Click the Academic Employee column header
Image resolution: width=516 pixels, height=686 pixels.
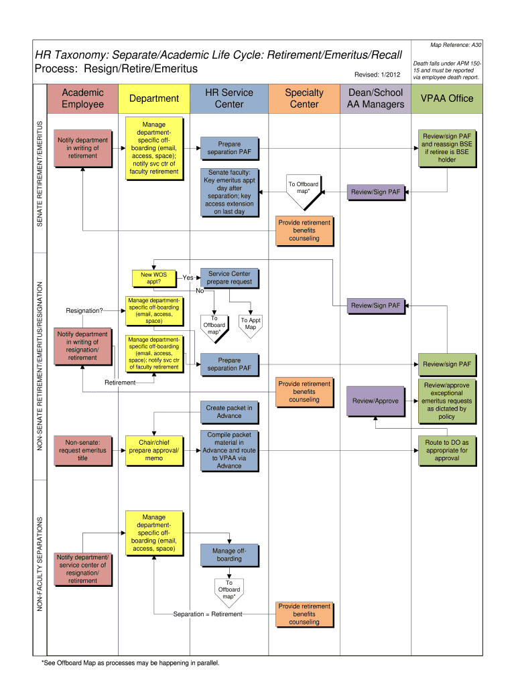(x=82, y=98)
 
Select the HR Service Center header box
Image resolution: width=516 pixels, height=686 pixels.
(x=229, y=98)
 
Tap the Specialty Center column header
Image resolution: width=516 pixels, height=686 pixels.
(x=304, y=98)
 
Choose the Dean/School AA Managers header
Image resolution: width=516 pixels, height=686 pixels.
(x=375, y=98)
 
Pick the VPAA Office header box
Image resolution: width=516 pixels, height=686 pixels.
(x=446, y=98)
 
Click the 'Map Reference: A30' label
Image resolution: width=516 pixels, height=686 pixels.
(x=456, y=45)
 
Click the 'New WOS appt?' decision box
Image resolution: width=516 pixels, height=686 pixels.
(x=153, y=278)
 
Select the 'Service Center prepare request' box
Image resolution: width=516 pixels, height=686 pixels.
(x=229, y=278)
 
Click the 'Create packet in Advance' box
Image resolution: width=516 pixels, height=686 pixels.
(x=229, y=411)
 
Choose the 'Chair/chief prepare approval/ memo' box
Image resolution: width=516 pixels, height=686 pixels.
(x=153, y=450)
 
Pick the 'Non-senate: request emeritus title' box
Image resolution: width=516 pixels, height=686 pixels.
(x=82, y=450)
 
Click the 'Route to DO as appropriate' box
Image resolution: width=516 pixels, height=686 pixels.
(x=446, y=450)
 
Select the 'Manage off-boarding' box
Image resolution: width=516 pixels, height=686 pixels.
(x=229, y=555)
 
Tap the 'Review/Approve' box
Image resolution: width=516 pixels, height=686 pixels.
(x=375, y=401)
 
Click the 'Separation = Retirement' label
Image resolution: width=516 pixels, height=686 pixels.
(x=207, y=614)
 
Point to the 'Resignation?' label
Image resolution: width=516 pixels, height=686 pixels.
(x=84, y=310)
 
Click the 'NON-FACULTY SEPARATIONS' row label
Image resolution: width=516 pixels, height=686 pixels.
(x=40, y=564)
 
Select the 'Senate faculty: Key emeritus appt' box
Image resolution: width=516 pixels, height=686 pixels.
(x=229, y=192)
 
